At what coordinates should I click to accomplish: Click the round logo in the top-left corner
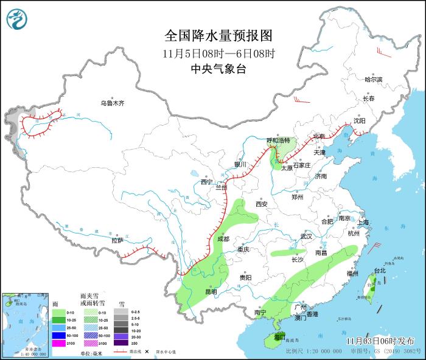pos(18,18)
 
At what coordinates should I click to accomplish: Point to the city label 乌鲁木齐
pos(113,103)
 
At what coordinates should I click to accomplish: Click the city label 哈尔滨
pos(373,80)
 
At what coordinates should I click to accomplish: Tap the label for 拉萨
pos(117,241)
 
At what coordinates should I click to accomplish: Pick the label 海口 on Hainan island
pos(280,336)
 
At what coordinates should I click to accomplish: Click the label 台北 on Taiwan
pos(379,270)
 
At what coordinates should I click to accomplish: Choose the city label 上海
pos(364,223)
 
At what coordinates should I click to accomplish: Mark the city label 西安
pos(262,204)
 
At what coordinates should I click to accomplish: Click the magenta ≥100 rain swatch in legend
pos(58,342)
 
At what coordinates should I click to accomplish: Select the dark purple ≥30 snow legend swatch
pos(121,342)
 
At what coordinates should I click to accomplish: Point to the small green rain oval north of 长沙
pos(289,252)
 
